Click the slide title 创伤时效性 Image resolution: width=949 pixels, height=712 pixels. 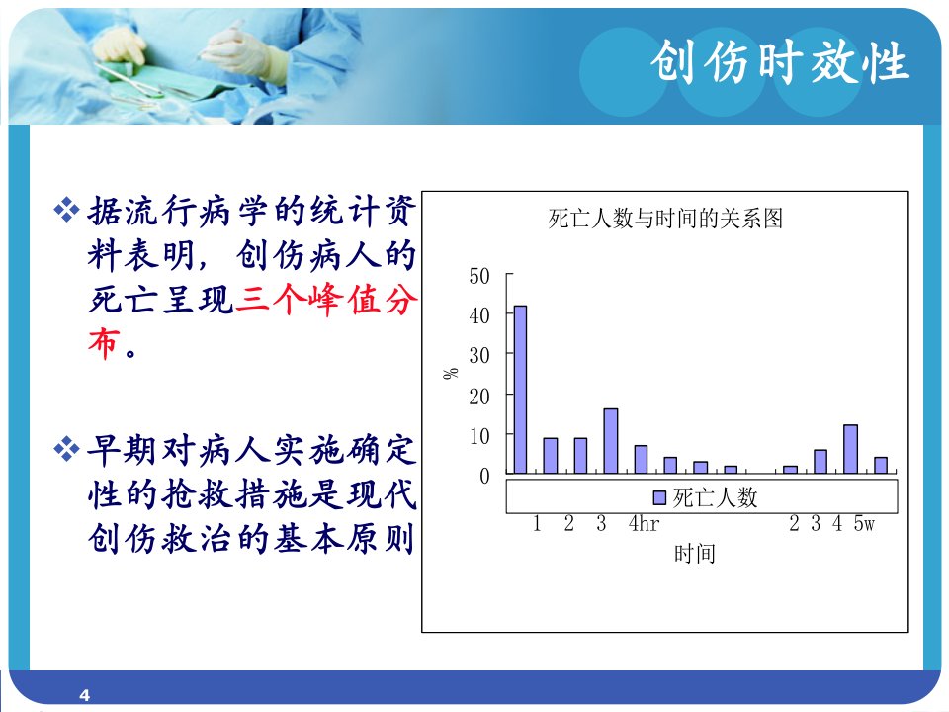point(780,61)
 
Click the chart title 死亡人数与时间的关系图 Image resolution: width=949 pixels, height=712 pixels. point(665,219)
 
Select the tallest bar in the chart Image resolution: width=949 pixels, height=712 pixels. point(520,390)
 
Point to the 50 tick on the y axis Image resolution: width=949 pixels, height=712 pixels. point(479,276)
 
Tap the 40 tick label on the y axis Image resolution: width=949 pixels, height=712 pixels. point(479,315)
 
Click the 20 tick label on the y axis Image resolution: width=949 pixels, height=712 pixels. point(479,397)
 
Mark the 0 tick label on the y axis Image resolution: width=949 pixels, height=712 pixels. point(484,477)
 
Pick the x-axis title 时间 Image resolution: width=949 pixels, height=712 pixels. point(695,554)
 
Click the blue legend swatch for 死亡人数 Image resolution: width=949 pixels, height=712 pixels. point(659,497)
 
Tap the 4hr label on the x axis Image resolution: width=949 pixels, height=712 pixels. point(644,523)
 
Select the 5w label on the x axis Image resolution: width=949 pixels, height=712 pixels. point(864,523)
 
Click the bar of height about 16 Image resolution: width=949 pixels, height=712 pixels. point(611,441)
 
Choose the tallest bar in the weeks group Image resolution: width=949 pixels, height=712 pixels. point(850,449)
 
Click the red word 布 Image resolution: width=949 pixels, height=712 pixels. point(104,343)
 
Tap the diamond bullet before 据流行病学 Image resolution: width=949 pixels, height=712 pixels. point(66,210)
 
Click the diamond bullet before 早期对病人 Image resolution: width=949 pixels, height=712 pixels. point(66,449)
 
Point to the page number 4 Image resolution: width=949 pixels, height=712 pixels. point(85,695)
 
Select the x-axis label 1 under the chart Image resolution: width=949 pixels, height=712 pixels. point(537,523)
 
